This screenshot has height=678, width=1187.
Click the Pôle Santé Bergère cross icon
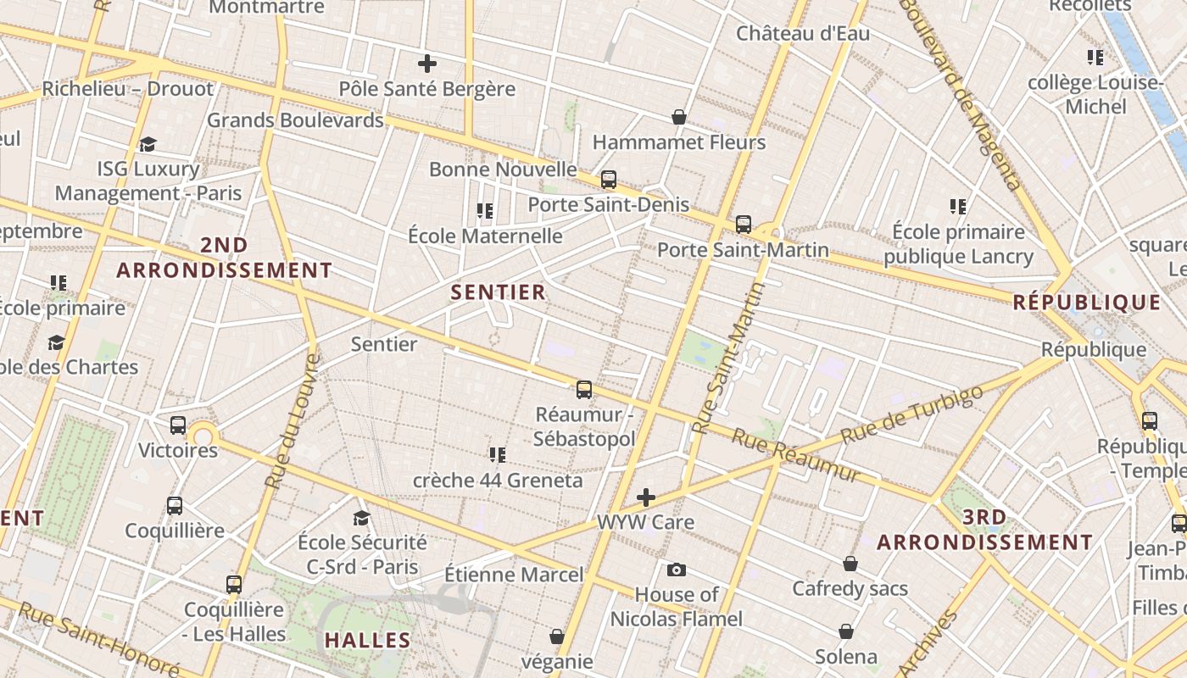[x=427, y=64]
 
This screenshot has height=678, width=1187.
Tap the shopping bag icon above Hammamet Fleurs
[x=678, y=116]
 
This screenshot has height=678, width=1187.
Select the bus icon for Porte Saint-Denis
[x=609, y=180]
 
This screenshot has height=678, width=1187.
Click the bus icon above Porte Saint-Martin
[x=744, y=225]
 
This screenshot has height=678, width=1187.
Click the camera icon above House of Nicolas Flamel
[x=677, y=570]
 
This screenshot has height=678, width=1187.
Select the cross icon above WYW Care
[x=646, y=497]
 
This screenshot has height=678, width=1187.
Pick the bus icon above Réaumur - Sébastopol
[x=584, y=390]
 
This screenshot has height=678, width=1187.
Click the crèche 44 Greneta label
[x=498, y=481]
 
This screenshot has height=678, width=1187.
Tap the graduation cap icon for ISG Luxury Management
[x=148, y=144]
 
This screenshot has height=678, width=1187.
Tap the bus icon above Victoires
[x=178, y=425]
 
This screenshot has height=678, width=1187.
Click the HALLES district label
[x=368, y=641]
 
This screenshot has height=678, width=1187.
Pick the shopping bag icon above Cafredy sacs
[x=850, y=564]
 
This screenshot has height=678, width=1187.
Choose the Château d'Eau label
[x=803, y=34]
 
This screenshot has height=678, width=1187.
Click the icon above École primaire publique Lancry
[x=958, y=206]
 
